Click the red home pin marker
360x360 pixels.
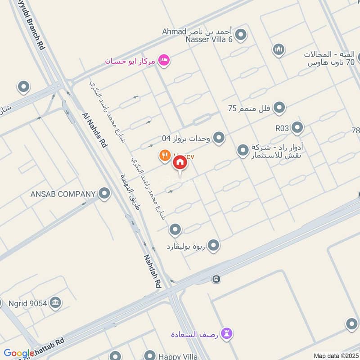(180, 163)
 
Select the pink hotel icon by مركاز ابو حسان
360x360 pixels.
(165, 60)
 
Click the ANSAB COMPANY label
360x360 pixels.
(63, 194)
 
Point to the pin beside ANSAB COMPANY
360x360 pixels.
(104, 194)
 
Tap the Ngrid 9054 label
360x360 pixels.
(28, 303)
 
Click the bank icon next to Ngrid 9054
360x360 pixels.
(56, 302)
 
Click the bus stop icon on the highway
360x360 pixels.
(216, 279)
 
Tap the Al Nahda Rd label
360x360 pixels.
(95, 130)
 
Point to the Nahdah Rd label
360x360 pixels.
(152, 271)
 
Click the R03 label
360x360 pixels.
(282, 128)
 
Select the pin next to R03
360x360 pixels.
(297, 128)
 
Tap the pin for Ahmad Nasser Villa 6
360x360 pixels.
(241, 35)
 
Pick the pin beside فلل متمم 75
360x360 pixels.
(279, 108)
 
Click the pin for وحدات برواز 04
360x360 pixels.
(219, 138)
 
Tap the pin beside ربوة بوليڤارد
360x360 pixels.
(213, 246)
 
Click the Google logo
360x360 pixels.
(19, 354)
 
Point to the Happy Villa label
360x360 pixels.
(178, 357)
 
